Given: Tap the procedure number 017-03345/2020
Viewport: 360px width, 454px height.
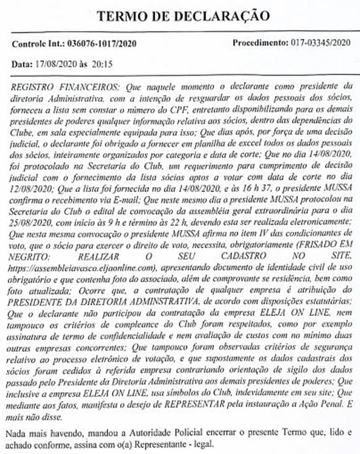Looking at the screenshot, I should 320,43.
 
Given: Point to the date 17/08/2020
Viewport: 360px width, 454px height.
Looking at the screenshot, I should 56,64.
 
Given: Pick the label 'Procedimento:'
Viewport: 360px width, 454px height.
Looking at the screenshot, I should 260,43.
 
